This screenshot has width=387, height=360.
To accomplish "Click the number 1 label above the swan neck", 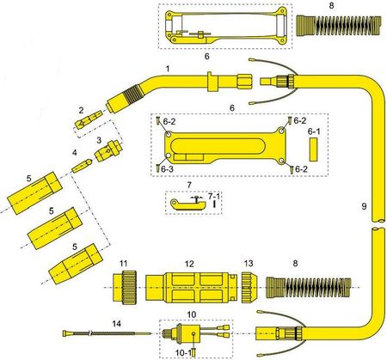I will [167, 66].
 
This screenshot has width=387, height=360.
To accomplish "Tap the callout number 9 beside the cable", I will [364, 206].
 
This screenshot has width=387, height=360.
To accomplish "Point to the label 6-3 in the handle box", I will [166, 169].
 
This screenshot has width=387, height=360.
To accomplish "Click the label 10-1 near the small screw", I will [182, 351].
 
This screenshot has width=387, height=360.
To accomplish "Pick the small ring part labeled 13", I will [248, 285].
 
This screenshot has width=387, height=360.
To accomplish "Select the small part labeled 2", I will [85, 124].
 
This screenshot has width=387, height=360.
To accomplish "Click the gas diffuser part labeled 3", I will [106, 153].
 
